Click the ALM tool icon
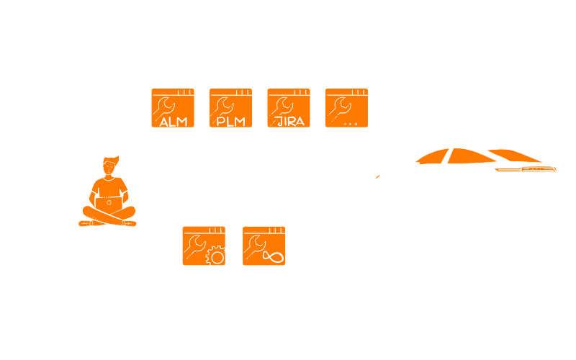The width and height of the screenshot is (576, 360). point(173,108)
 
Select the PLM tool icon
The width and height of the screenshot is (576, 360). point(230,108)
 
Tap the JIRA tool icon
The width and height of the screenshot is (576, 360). point(289,108)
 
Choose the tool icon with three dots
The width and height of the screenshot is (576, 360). point(346,108)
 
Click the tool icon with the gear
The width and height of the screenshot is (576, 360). point(204,246)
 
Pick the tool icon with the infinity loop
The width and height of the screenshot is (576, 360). point(264,246)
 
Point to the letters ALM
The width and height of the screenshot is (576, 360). point(173,121)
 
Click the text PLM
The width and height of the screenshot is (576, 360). point(230,121)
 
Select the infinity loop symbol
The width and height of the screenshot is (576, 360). point(274,256)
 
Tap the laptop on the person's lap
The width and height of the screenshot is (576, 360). point(109,204)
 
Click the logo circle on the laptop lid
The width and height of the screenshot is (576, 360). point(109,203)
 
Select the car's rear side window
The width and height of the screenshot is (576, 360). point(432,157)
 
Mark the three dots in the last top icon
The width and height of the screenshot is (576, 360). point(351,123)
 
